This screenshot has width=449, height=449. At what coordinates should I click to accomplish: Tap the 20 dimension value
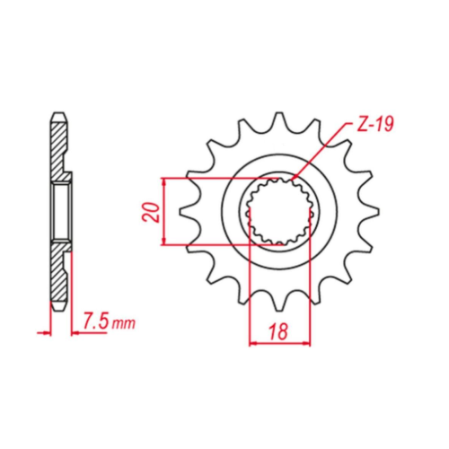pos(152,212)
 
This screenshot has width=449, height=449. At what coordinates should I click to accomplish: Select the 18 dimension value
pos(278,331)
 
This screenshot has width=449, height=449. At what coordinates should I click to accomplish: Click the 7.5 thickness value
pos(95,321)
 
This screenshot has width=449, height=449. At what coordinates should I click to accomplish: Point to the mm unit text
pos(123,323)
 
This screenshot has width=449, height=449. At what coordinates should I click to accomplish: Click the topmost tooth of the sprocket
pos(279,119)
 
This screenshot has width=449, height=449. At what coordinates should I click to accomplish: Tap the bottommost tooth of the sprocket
pos(279,304)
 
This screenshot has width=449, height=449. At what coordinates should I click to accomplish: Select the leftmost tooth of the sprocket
pos(187,211)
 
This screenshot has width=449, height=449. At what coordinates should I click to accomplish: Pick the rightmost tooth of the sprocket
pos(371,211)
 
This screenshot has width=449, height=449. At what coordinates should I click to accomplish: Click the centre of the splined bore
pos(279,212)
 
